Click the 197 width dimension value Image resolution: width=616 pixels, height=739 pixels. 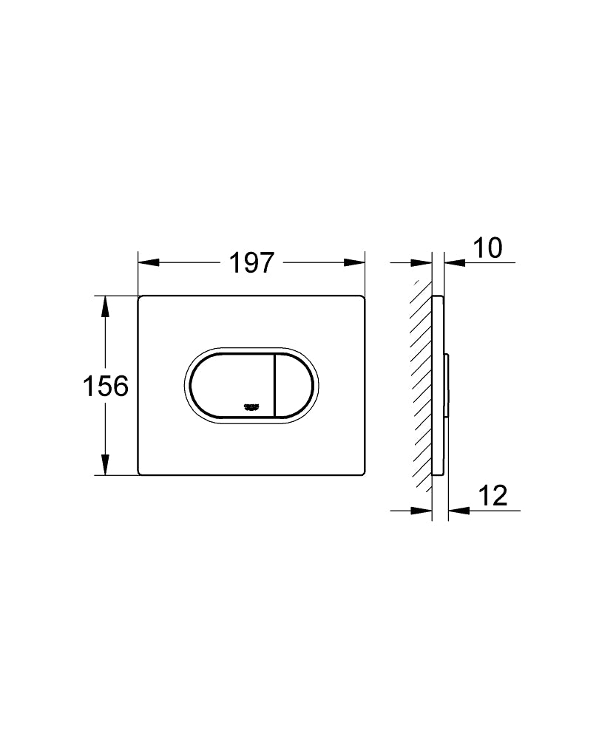251,262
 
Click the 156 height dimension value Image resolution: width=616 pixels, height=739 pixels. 106,385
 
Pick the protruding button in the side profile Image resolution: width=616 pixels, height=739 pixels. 447,384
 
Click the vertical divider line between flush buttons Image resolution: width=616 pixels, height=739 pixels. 274,384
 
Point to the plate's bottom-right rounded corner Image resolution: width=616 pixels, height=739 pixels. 363,471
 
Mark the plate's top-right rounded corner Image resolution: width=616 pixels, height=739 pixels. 363,299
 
